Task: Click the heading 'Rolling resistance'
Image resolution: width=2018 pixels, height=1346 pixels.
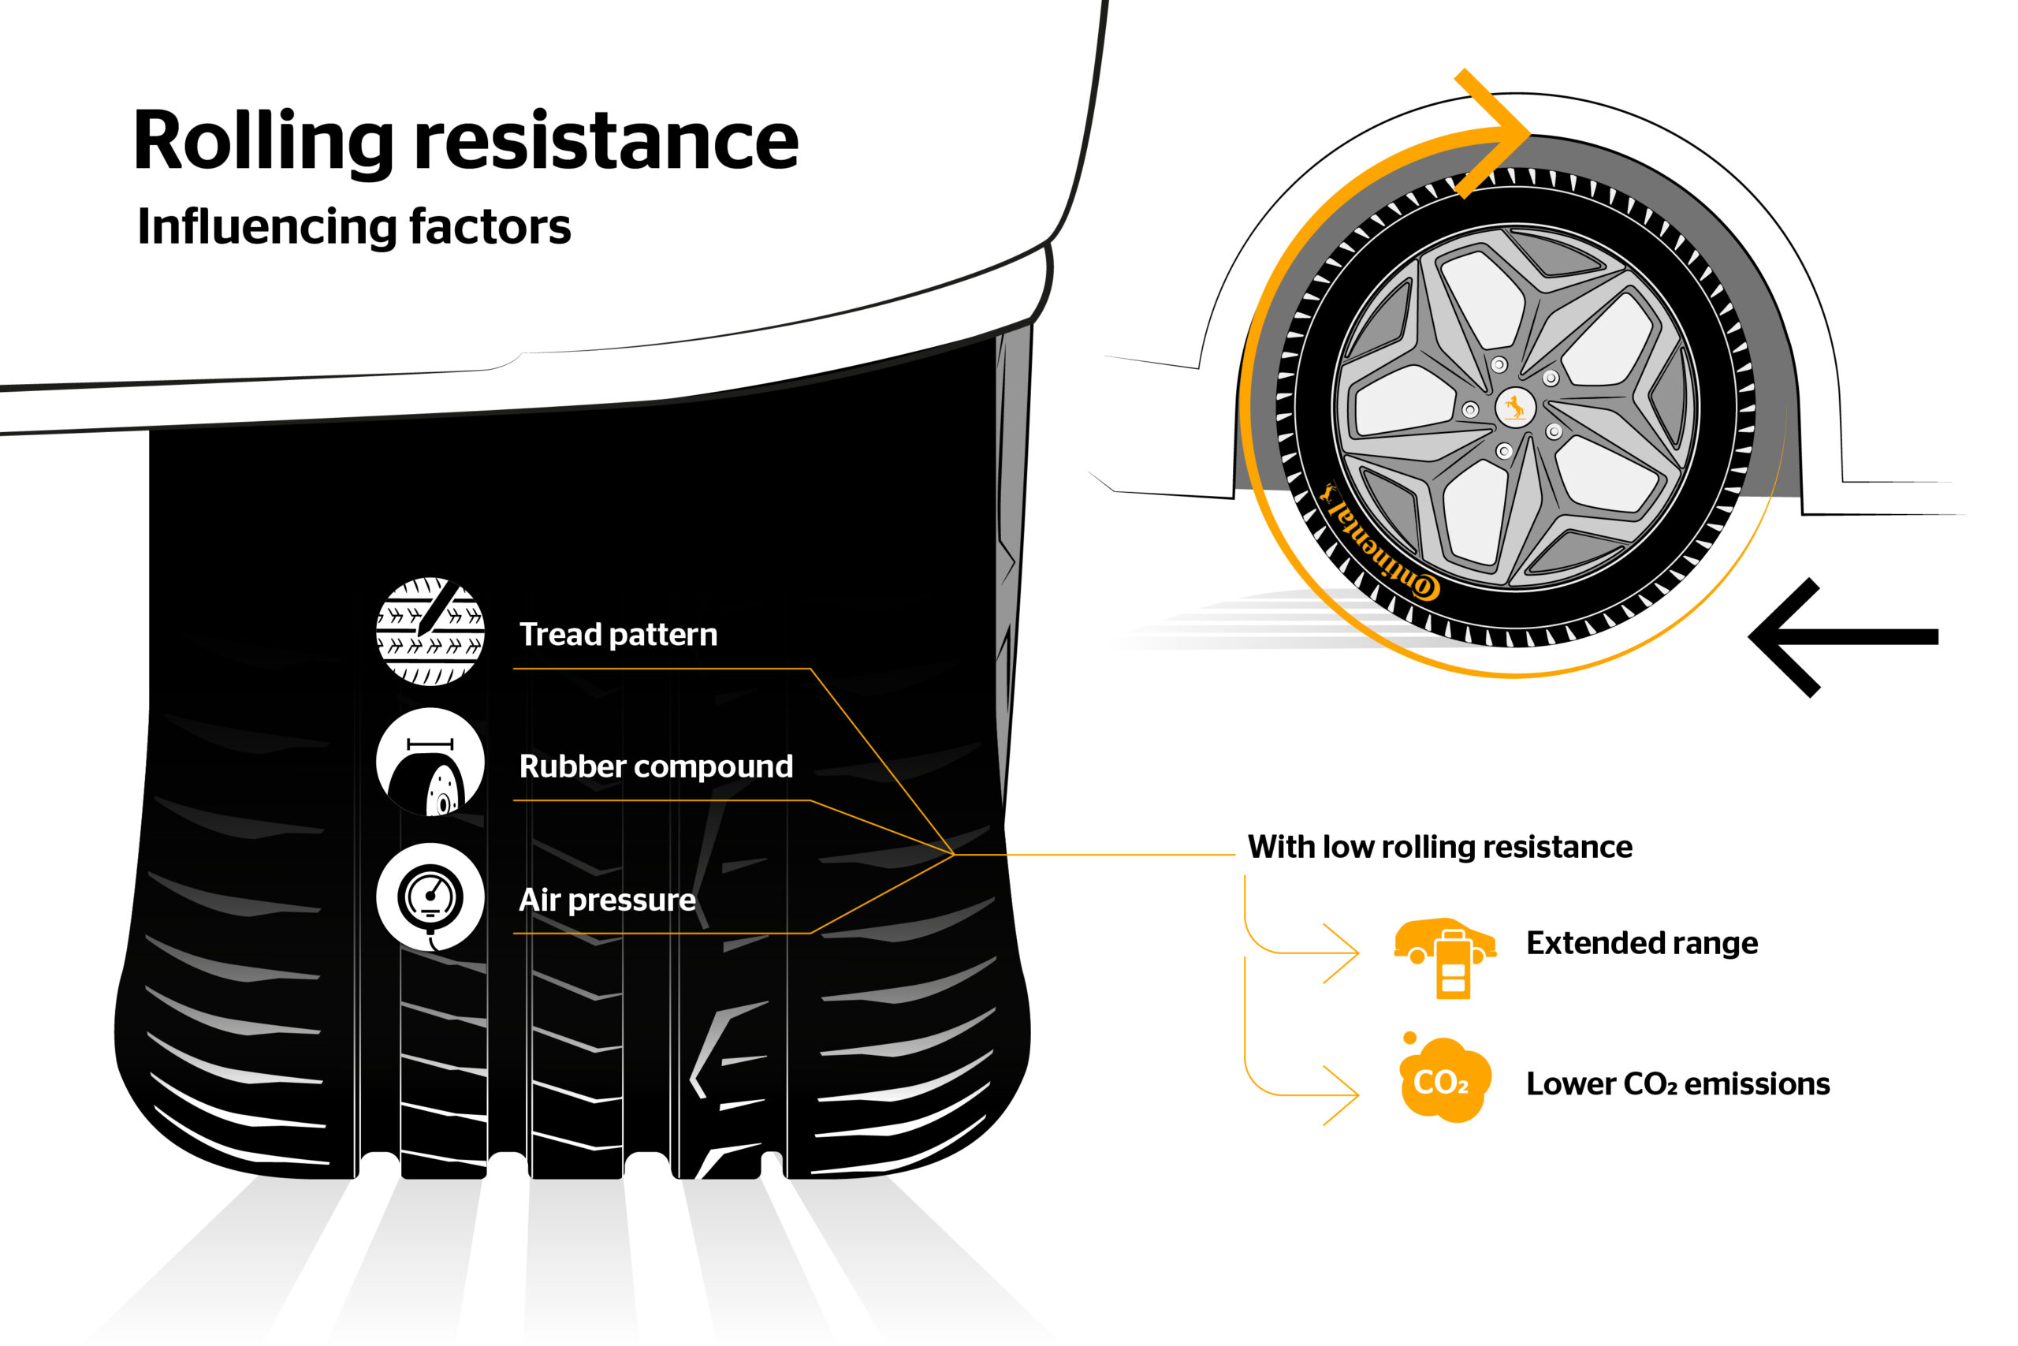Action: point(466,142)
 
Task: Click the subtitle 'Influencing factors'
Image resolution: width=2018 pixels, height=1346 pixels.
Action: point(353,226)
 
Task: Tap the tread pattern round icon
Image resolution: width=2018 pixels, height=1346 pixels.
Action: point(430,632)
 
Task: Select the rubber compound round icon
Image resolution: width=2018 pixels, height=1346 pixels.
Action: point(430,762)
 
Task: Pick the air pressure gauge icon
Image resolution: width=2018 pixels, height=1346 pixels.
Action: point(430,897)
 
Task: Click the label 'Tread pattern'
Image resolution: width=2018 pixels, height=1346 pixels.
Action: point(618,635)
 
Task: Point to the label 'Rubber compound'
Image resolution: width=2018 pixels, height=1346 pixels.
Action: point(656,766)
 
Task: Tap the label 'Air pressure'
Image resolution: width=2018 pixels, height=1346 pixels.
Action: point(607,900)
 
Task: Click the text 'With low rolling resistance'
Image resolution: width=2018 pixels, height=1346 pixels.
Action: point(1439,847)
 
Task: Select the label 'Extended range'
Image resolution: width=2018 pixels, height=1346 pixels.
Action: point(1641,943)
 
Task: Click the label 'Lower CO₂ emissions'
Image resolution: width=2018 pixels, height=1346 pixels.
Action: point(1677,1084)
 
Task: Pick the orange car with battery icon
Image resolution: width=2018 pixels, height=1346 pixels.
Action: point(1446,956)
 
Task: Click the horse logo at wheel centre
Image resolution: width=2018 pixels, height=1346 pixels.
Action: point(1514,406)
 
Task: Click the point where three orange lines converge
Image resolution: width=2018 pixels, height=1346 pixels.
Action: point(953,855)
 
